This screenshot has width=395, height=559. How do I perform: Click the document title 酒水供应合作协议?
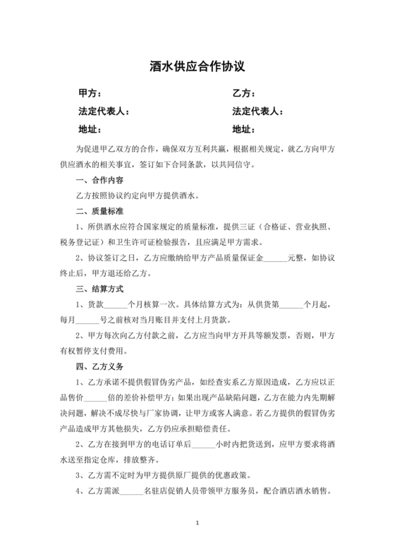(197, 66)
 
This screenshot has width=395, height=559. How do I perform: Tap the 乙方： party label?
(243, 93)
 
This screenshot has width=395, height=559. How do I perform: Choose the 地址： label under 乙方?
(243, 129)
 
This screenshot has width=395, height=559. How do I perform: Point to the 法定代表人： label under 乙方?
(258, 112)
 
